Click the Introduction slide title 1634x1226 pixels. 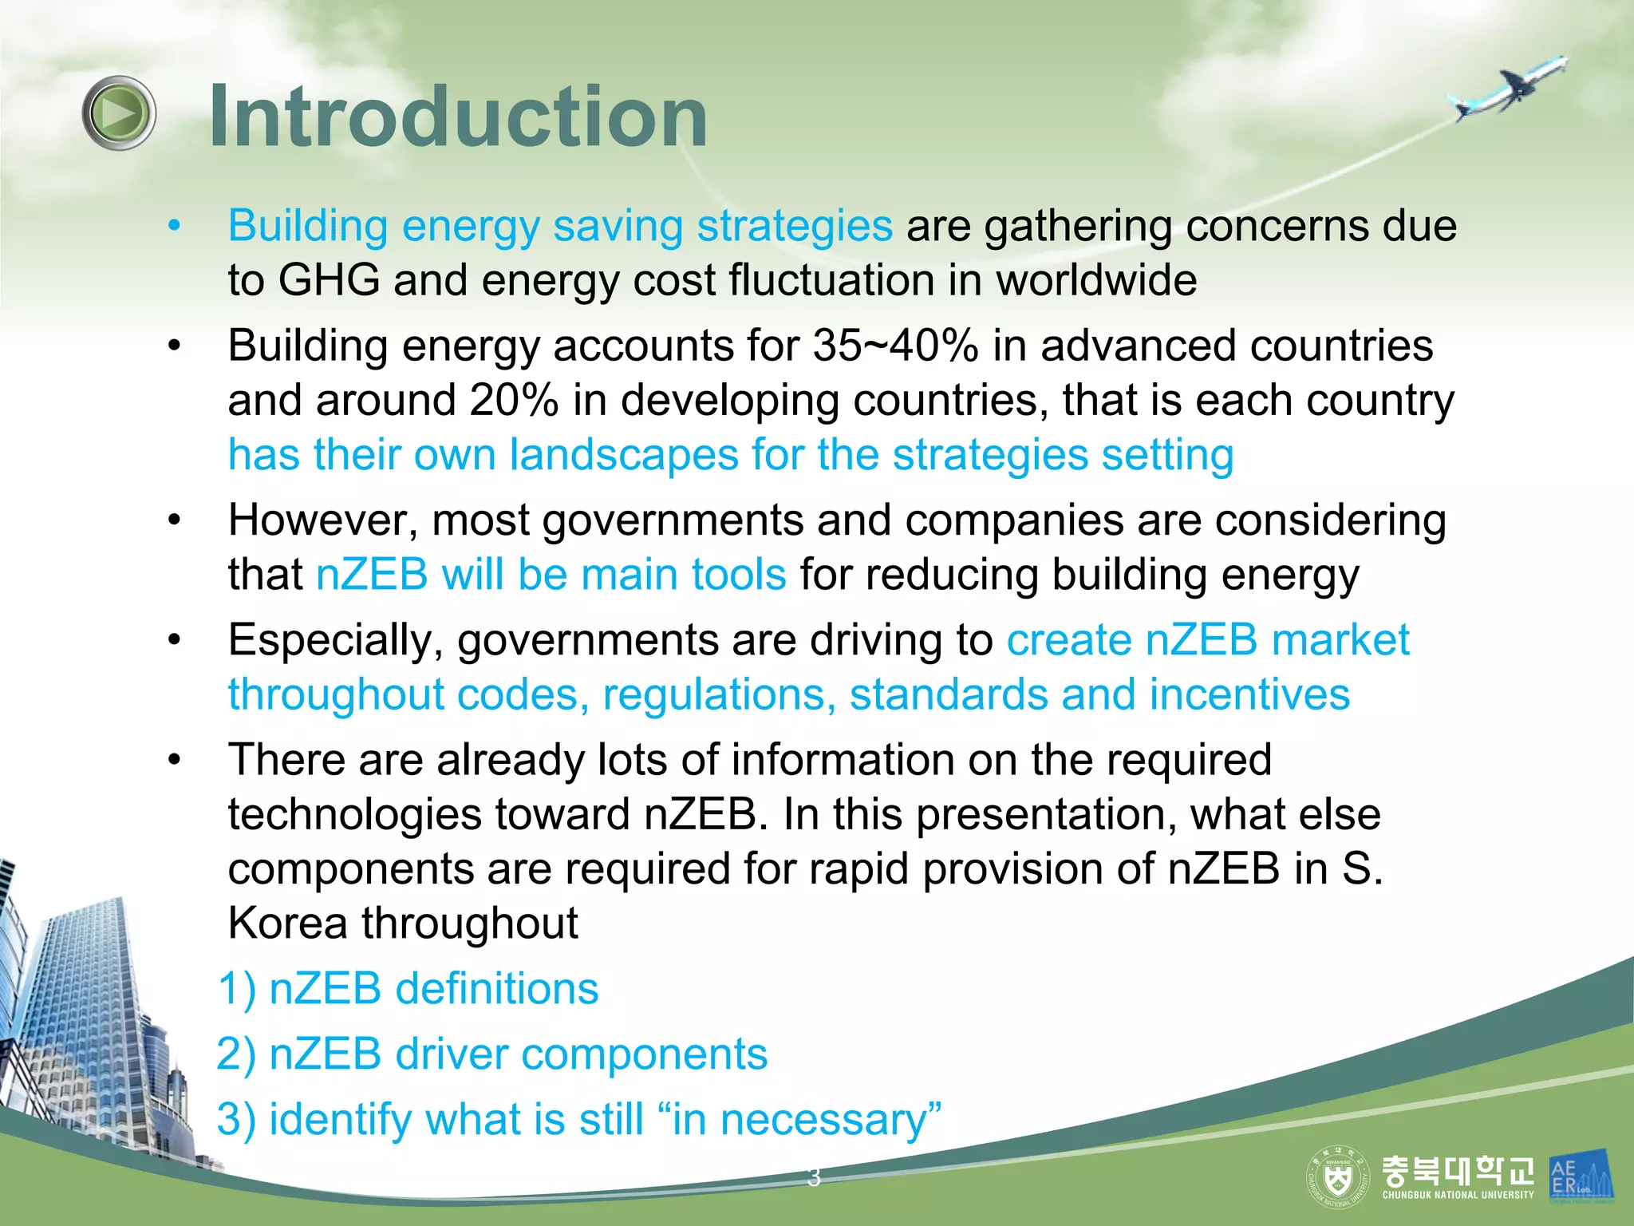point(458,117)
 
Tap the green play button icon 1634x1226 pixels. point(119,113)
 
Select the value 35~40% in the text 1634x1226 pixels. point(895,346)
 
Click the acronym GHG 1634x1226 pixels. point(329,281)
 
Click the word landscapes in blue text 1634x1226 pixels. point(623,456)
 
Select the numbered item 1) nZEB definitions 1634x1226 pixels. point(408,989)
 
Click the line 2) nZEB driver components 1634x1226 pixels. point(492,1054)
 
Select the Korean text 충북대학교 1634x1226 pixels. point(1457,1170)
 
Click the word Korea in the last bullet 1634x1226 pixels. point(287,924)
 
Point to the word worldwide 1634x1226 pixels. point(1096,281)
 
